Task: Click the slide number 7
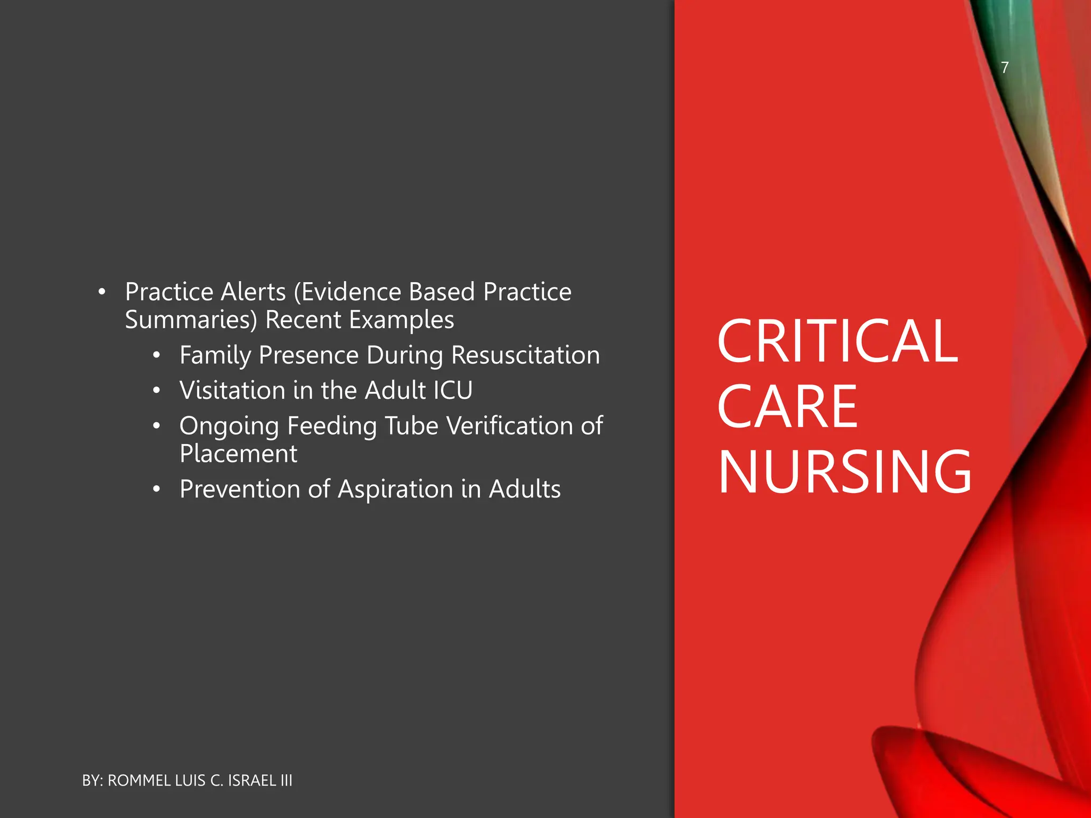click(1004, 68)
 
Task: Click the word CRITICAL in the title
click(837, 342)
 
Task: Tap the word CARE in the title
click(787, 407)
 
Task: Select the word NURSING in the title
click(845, 472)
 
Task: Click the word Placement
click(238, 454)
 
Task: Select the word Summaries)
click(191, 320)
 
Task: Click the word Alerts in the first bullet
click(253, 292)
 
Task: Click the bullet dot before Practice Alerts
click(102, 292)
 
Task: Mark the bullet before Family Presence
click(156, 356)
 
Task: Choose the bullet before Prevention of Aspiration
click(156, 489)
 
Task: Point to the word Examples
click(401, 320)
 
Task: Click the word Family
click(215, 355)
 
